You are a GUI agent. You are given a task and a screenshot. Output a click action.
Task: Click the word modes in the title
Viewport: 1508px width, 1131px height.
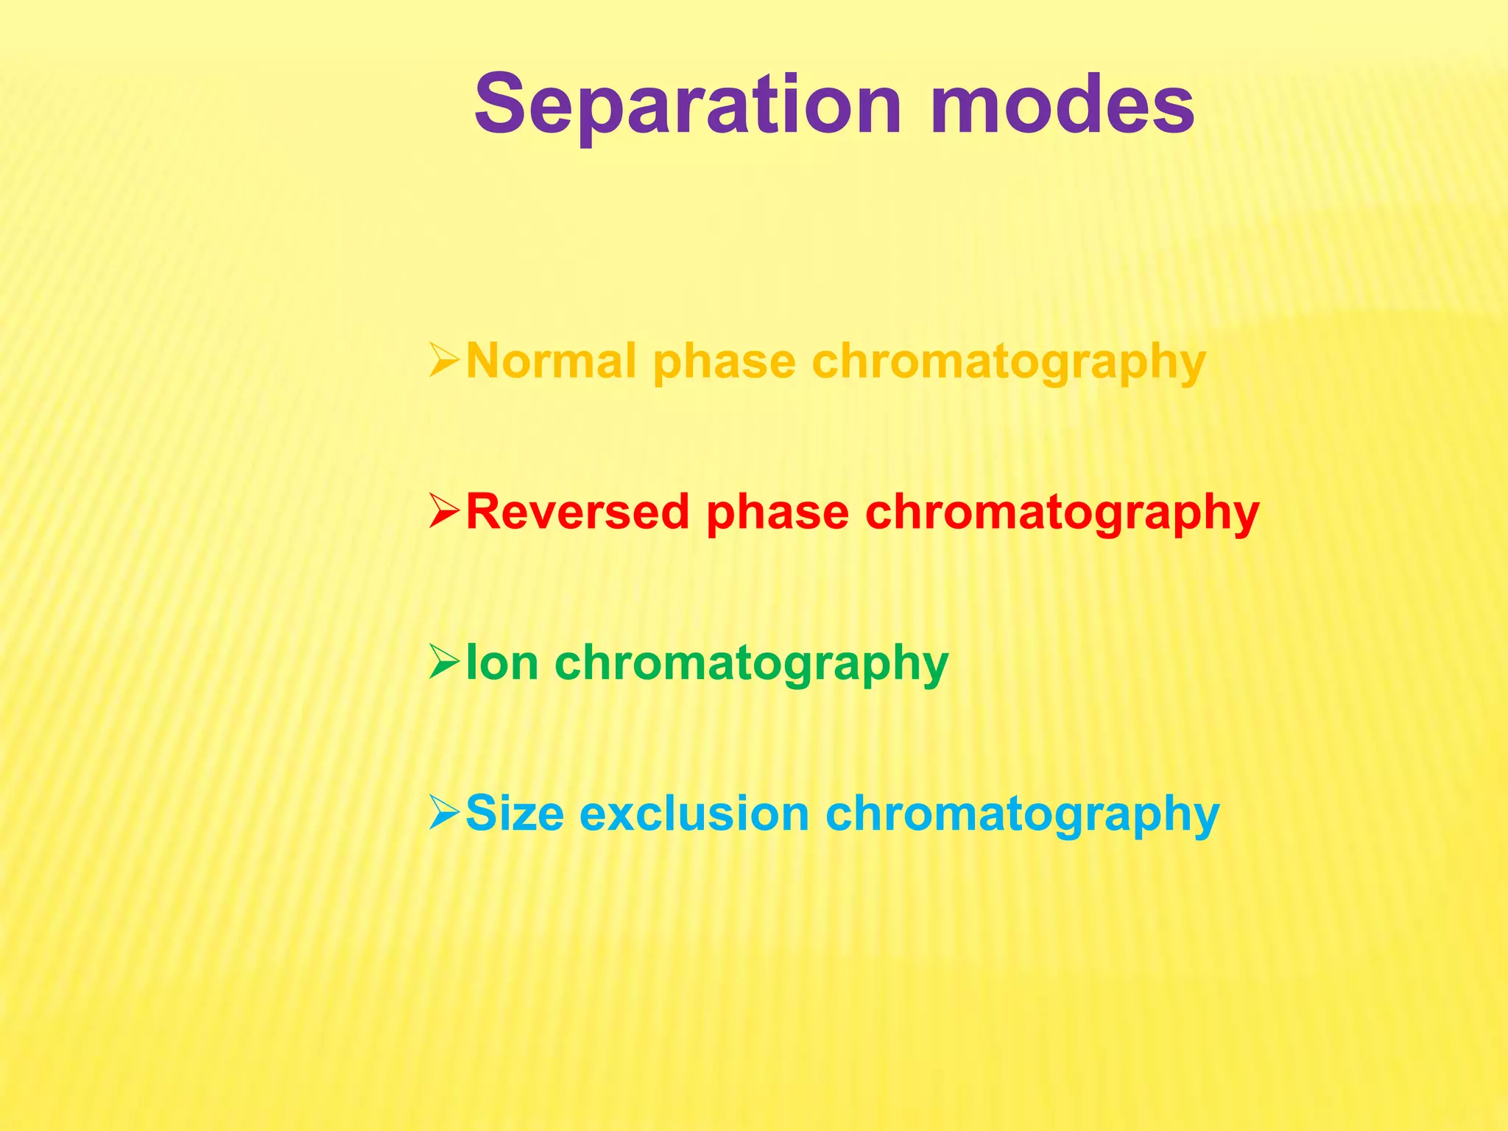coord(1062,105)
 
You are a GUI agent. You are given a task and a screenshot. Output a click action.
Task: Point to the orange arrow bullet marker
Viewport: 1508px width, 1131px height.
coord(444,362)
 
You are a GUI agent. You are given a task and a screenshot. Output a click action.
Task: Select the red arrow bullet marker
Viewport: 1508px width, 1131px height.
coord(444,512)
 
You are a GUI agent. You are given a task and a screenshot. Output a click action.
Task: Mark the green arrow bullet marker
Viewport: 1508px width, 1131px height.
coord(444,663)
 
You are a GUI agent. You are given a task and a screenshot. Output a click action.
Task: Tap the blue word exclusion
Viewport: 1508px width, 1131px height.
coord(694,814)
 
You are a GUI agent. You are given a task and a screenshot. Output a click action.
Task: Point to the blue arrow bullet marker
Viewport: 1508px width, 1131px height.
coord(444,814)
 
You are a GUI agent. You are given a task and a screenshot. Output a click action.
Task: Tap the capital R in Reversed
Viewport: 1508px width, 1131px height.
coord(485,512)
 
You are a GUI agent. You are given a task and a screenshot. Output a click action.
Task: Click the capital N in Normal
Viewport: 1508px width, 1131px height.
coord(485,362)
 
